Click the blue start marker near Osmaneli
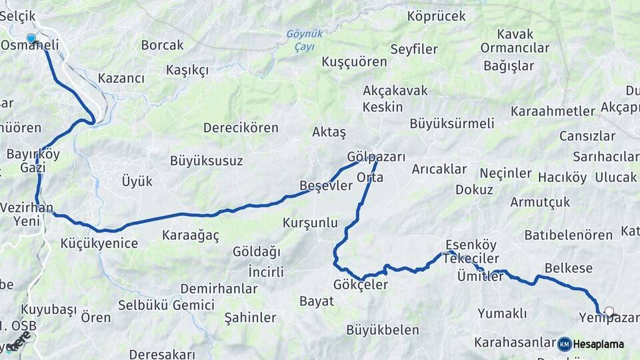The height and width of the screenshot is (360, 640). (31, 39)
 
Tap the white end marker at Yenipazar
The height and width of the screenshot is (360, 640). (609, 311)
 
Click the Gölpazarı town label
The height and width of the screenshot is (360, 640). (376, 157)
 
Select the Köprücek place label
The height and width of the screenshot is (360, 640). (436, 16)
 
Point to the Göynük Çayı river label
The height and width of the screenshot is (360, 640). (304, 40)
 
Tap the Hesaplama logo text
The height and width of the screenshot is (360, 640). (599, 344)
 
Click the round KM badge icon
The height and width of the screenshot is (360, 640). (564, 344)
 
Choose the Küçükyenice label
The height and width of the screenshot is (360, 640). (99, 243)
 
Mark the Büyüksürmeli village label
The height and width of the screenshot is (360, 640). (451, 123)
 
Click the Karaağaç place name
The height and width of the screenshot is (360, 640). (191, 235)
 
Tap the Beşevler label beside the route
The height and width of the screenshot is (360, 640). (325, 186)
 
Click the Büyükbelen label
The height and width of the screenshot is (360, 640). (383, 330)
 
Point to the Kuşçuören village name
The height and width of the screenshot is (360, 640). (354, 61)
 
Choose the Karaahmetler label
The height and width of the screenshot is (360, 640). (552, 111)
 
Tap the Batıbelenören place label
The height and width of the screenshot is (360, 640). (568, 235)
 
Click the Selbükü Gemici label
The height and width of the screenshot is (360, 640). (166, 305)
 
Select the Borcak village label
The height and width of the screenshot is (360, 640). (162, 45)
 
